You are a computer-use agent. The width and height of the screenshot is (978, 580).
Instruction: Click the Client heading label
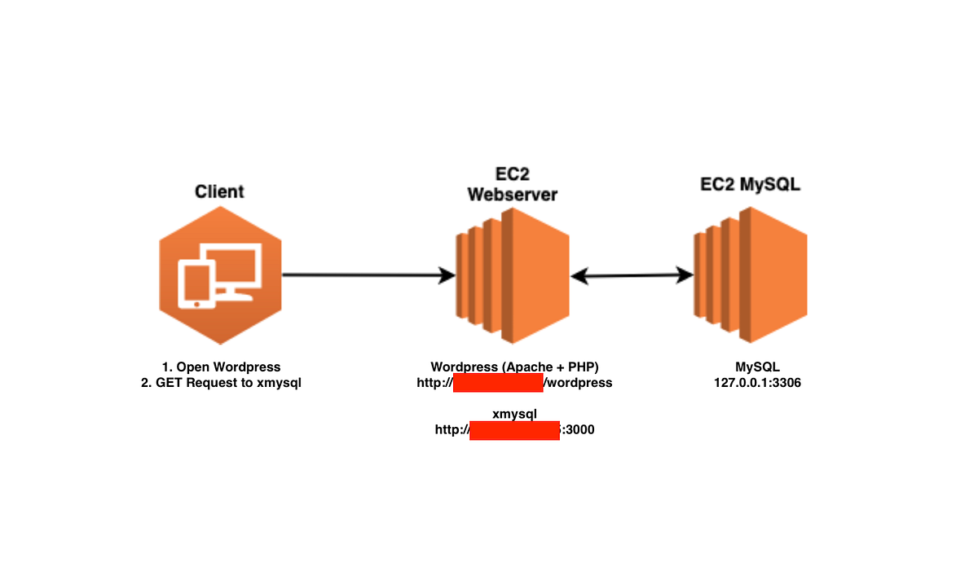219,192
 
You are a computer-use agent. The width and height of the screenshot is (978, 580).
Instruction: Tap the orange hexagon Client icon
221,276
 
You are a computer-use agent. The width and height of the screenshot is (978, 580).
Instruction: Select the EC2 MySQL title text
751,185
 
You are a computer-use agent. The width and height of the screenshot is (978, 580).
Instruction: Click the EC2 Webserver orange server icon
512,275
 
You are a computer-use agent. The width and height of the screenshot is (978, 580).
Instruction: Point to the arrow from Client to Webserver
367,275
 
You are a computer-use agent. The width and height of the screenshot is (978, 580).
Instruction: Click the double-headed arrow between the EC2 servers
632,276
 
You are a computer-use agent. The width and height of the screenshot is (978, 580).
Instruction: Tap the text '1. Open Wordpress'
221,367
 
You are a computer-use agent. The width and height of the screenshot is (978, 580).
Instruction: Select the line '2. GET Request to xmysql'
221,383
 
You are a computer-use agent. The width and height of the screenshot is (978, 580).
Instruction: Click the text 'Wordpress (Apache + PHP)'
515,367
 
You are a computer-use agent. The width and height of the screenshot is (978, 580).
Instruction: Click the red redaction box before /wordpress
498,383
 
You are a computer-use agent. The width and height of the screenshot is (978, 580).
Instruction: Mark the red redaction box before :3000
515,430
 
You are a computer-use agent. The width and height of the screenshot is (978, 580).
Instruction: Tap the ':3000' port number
578,430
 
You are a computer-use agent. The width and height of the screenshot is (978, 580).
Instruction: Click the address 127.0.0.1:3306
757,383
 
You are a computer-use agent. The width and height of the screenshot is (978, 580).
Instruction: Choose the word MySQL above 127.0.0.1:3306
757,367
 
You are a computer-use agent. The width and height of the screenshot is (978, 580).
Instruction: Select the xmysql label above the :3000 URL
515,415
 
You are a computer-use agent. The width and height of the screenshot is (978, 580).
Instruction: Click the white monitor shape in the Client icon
236,265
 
